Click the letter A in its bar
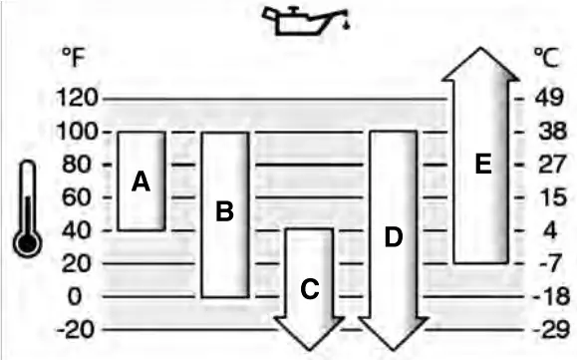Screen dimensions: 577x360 [141, 181]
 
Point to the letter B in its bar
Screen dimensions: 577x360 [224, 211]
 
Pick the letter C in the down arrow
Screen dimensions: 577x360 [310, 289]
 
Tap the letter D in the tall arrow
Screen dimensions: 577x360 [393, 237]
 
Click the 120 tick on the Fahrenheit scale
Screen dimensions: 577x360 [76, 99]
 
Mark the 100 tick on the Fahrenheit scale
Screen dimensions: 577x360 [76, 132]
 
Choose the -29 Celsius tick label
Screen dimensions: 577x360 [549, 330]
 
